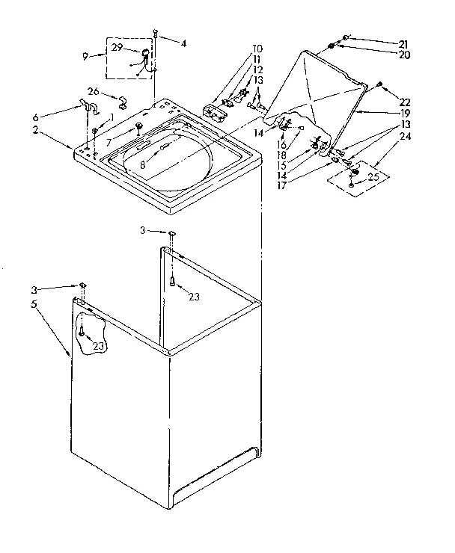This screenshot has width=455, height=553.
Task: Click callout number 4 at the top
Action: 183,43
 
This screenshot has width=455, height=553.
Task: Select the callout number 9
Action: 86,55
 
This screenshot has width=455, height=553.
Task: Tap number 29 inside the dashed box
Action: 117,47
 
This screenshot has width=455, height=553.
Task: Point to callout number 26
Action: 94,91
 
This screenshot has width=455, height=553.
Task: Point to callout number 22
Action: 405,102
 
